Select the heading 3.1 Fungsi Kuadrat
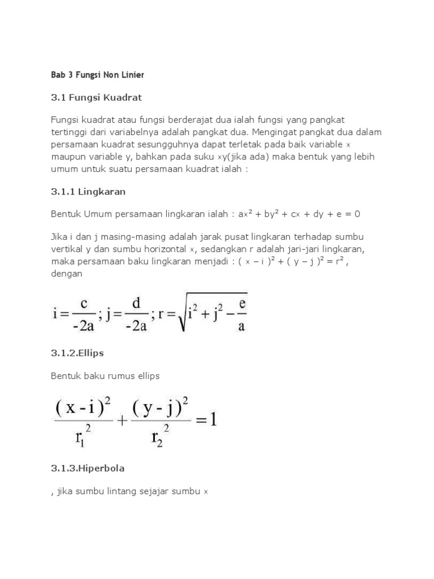[96, 98]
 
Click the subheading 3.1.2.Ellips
[78, 353]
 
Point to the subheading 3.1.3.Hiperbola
[88, 469]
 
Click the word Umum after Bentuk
[102, 215]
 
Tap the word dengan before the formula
[67, 274]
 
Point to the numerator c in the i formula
[83, 303]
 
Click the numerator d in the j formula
[136, 303]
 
